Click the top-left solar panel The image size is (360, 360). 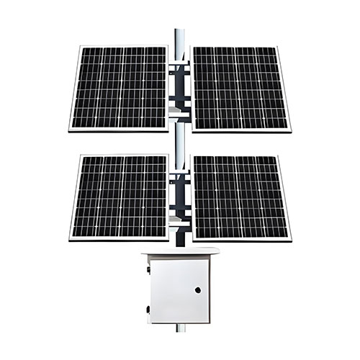(119, 88)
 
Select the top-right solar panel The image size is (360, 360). (240, 88)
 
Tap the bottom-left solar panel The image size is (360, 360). (119, 197)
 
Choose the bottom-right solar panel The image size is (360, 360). (240, 197)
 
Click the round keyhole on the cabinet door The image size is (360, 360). (197, 290)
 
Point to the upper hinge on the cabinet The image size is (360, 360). (148, 270)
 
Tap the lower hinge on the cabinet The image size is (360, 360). (148, 310)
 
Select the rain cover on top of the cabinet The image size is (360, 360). (180, 251)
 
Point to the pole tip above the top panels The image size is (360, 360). (179, 32)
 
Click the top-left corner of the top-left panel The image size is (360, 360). (78, 46)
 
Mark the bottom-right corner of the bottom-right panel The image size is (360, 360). (291, 240)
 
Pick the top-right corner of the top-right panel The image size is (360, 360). (279, 46)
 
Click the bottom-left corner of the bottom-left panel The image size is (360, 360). (69, 240)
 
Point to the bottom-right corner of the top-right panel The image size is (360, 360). (290, 131)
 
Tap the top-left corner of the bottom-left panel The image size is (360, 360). (78, 156)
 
